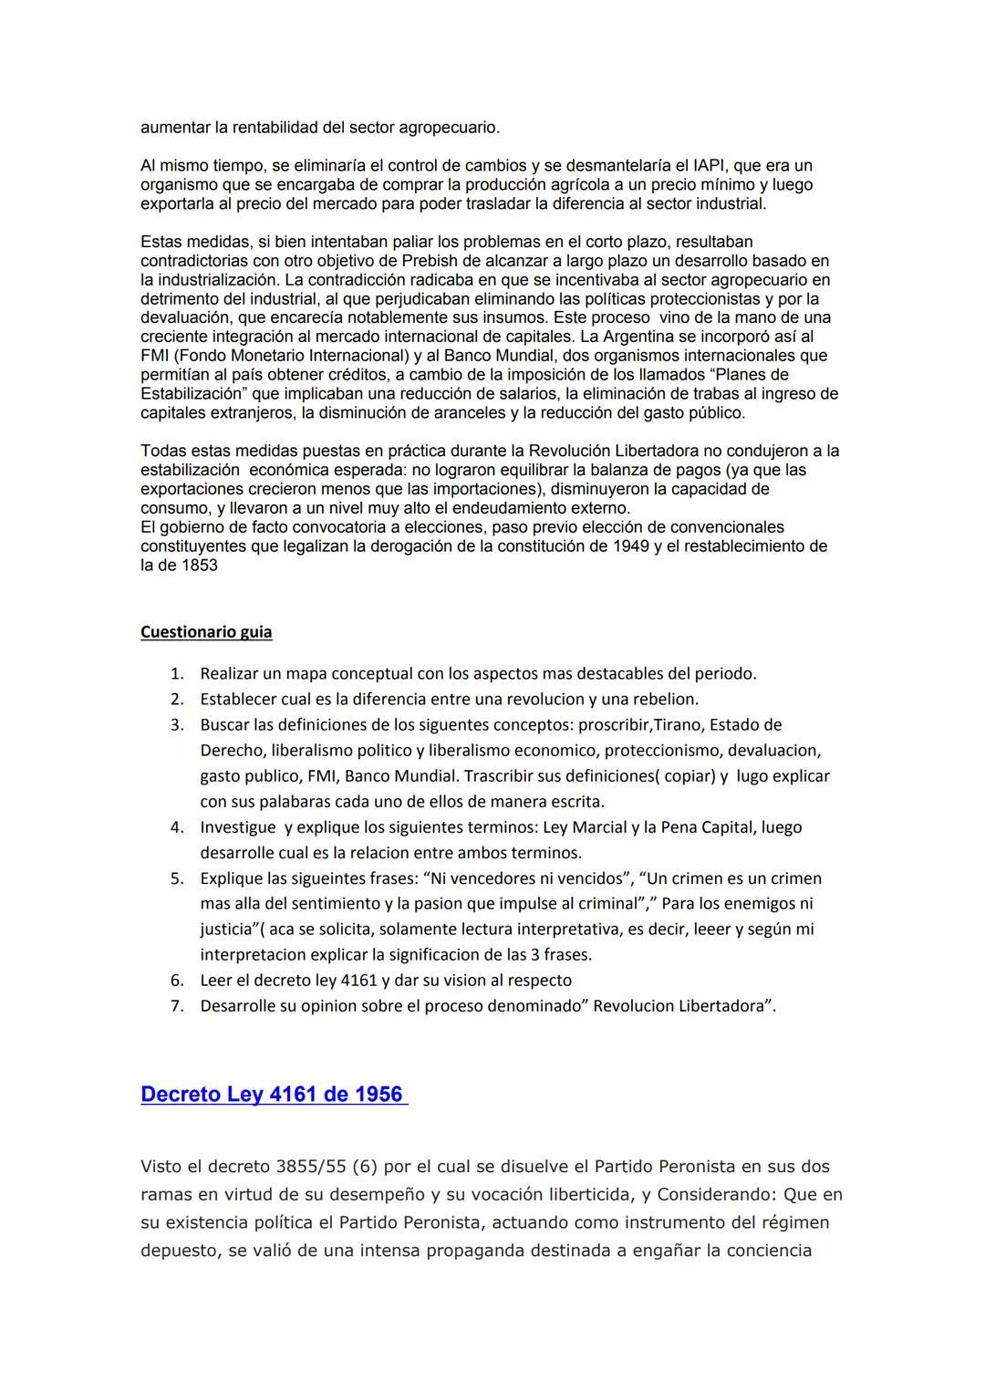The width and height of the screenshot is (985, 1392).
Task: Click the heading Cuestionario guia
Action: [206, 631]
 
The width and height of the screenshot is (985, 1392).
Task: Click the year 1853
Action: [199, 565]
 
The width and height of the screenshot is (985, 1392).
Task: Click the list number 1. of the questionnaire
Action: [177, 674]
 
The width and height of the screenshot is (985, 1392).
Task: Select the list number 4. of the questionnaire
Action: [177, 827]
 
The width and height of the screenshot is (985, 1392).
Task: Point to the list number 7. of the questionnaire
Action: [177, 1006]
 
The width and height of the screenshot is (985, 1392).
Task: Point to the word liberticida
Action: [599, 1194]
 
